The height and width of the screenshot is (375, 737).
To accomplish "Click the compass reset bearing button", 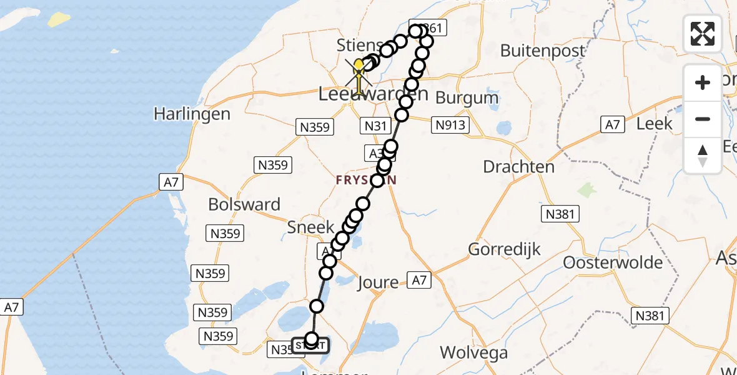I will tap(703, 156).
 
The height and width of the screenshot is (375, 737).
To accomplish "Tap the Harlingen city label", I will tap(192, 114).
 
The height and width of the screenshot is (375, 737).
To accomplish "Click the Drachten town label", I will tap(519, 167).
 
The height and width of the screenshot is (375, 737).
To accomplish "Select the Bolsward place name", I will tap(244, 204).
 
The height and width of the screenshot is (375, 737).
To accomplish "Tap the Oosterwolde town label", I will tap(613, 262).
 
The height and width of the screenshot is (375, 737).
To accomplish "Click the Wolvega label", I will tap(473, 352).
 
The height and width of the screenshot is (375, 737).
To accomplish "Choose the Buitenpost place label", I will tap(543, 50).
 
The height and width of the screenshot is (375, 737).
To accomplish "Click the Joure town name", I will tap(377, 282).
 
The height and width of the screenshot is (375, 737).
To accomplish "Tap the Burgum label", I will tap(467, 97).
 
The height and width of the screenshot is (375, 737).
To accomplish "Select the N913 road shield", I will tap(450, 125).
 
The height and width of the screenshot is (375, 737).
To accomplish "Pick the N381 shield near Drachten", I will tap(560, 214).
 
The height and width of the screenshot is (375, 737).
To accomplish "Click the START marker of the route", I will tap(310, 345).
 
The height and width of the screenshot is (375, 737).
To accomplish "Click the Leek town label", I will tap(654, 123).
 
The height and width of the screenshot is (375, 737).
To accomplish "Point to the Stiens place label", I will tap(360, 45).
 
